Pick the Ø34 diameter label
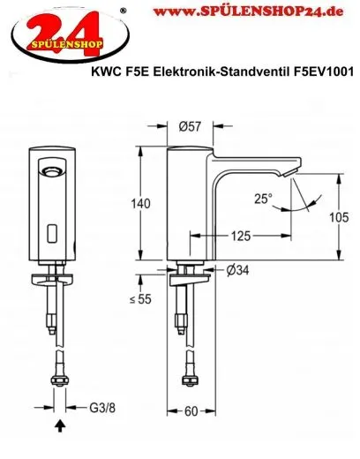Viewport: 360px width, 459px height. click(236, 269)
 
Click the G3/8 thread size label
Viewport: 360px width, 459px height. click(101, 408)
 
